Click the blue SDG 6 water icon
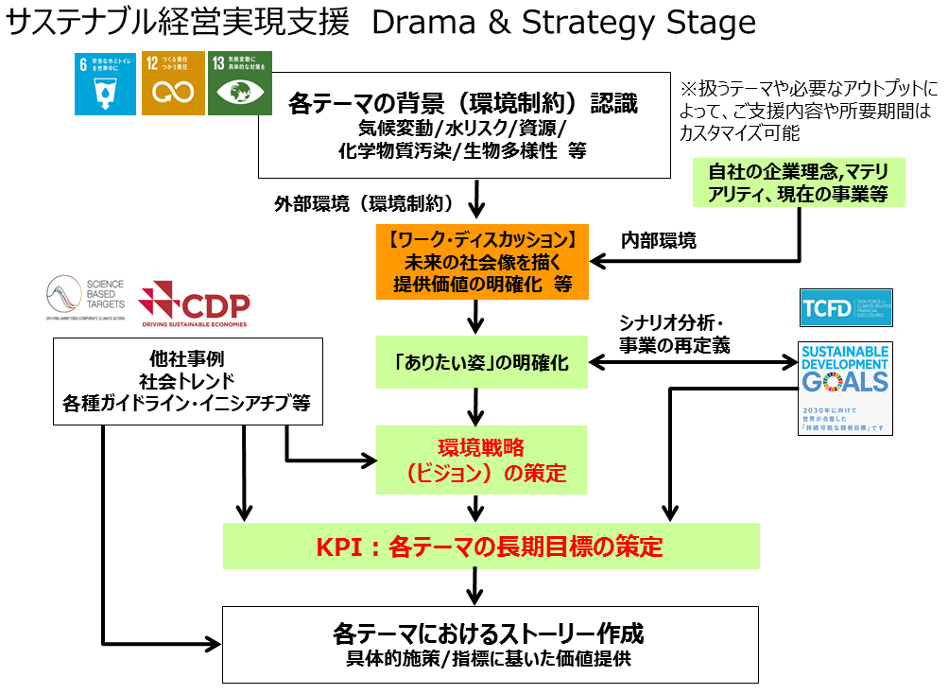pos(106,83)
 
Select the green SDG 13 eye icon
pos(239,83)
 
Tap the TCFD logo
pos(845,307)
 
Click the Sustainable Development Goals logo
pos(845,388)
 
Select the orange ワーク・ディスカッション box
pos(482,260)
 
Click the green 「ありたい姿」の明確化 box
pos(482,362)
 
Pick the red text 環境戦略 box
pos(482,460)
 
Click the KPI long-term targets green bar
pos(491,547)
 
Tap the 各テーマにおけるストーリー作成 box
pos(491,643)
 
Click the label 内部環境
pos(658,241)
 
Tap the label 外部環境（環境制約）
pos(364,203)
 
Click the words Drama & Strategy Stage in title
pos(564,23)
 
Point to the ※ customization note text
pos(809,111)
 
